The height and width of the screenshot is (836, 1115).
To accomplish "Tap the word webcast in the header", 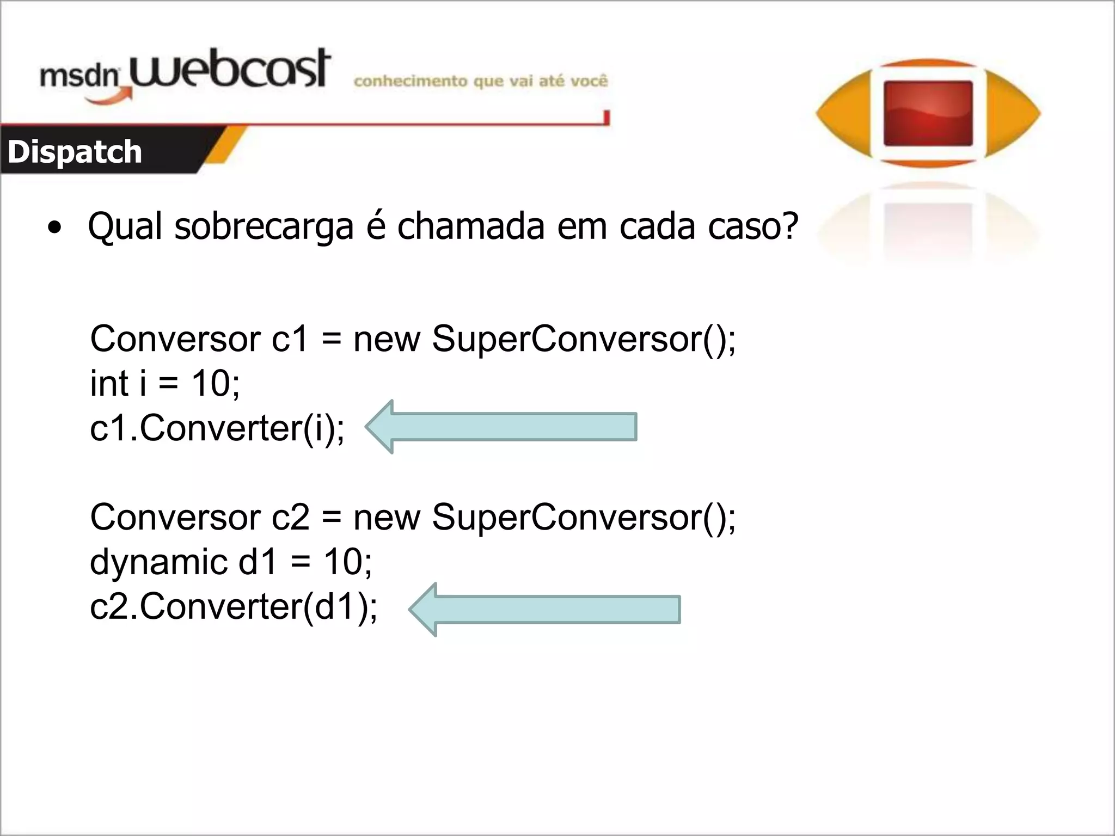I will pos(229,70).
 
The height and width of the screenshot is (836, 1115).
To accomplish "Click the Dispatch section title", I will pos(75,152).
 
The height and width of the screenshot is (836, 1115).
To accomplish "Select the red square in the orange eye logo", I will pos(928,113).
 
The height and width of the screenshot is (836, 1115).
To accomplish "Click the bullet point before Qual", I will pos(54,228).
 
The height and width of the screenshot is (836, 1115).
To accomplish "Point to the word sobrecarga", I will pos(264,226).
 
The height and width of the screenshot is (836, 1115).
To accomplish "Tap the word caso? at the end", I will pos(753,225).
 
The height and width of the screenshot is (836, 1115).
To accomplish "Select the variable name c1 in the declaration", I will pos(290,339).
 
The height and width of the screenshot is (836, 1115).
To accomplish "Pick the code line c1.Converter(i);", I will pos(217,428).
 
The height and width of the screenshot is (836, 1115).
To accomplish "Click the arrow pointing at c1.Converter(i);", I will pos(501,427).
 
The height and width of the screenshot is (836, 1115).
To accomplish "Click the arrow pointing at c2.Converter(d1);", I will pos(544,610).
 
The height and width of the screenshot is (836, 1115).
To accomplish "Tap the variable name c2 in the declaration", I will pos(290,517).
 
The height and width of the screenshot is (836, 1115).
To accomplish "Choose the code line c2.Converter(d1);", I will pos(234,606).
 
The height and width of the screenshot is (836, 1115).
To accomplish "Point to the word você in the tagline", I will pos(589,81).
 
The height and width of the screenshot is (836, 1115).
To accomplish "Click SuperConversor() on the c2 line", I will pos(583,517).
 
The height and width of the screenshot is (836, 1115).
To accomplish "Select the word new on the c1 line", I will pos(387,339).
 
